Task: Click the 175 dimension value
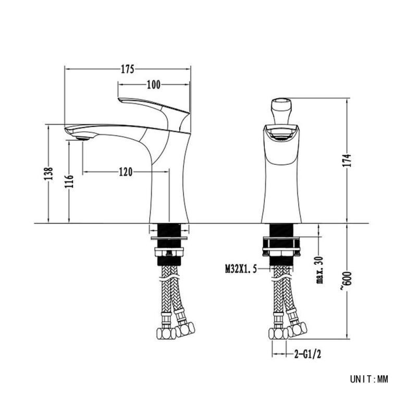tap(128, 69)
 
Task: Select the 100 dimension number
tap(154, 85)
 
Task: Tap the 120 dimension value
tap(126, 172)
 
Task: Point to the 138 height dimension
tap(48, 174)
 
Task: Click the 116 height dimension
tap(69, 181)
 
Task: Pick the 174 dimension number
tap(347, 160)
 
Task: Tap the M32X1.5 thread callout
tap(241, 269)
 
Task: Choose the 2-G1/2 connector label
tap(308, 354)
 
